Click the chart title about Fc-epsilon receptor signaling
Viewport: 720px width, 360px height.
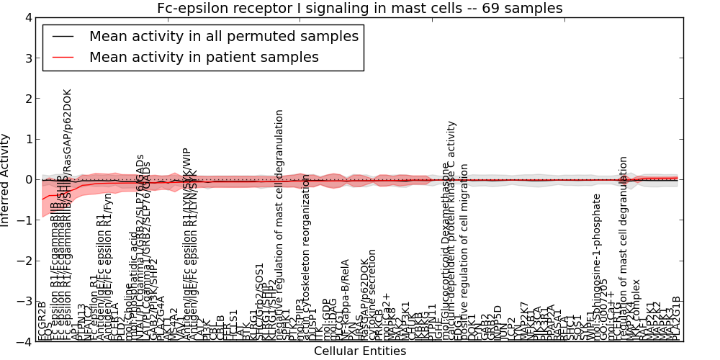coord(359,8)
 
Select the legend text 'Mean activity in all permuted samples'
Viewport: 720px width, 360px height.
coord(223,37)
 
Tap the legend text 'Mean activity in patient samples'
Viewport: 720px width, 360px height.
coord(204,57)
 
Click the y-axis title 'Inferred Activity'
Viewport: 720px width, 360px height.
coord(6,180)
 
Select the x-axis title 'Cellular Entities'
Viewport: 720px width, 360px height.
coord(359,351)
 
